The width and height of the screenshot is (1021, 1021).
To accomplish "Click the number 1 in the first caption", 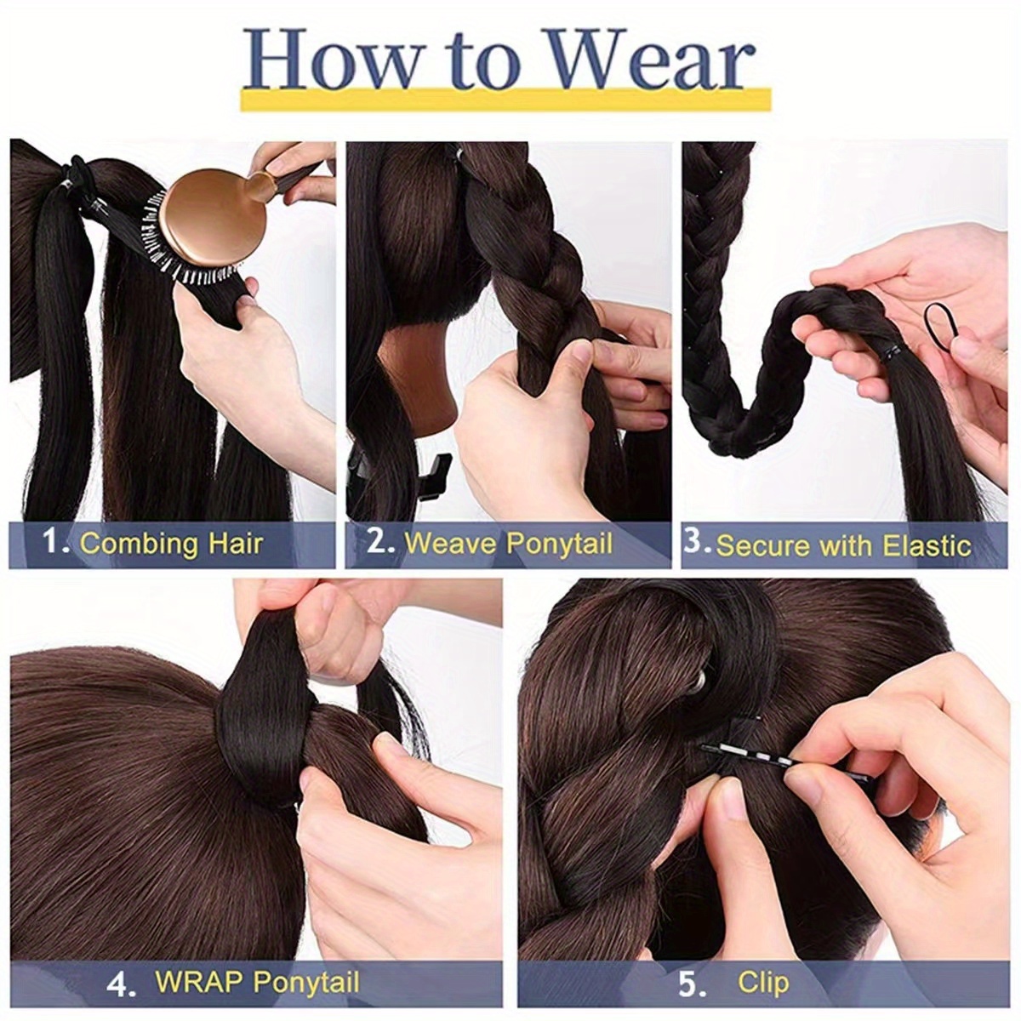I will pos(54,542).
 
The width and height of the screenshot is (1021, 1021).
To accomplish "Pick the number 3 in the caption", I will pos(695,542).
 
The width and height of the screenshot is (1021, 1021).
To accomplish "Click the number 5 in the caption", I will pos(690,984).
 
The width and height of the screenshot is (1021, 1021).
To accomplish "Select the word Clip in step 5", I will pos(763,984).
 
